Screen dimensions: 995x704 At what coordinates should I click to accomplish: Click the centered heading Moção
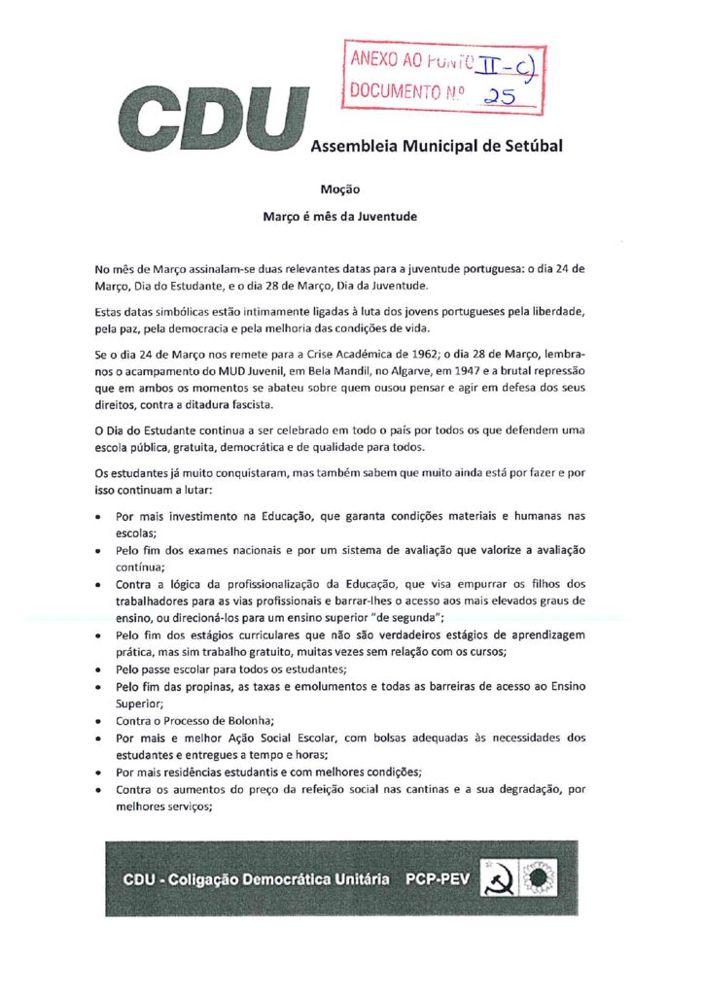point(339,190)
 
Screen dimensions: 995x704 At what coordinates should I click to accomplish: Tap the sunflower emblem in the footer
point(536,878)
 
